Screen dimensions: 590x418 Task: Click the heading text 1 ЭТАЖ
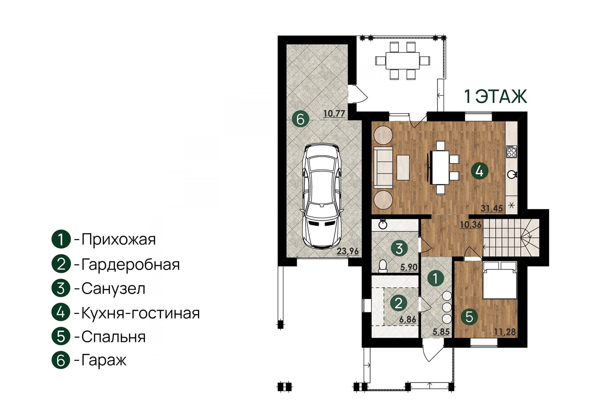(495, 97)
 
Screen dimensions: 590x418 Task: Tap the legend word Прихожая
(118, 239)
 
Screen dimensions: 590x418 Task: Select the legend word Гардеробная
(130, 264)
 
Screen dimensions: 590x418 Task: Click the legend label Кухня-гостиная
(140, 313)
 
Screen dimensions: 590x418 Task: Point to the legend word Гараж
(104, 360)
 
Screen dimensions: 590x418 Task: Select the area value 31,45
(491, 208)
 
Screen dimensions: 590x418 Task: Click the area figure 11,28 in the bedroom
(504, 332)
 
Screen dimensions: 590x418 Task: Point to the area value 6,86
(408, 319)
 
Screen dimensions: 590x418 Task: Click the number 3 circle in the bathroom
(399, 248)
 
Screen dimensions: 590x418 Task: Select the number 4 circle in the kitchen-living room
(480, 171)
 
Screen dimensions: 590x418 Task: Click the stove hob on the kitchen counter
(512, 152)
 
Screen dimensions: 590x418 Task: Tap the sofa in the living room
(383, 168)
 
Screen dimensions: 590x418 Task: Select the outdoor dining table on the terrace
(403, 61)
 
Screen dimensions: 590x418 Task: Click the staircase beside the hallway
(511, 238)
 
